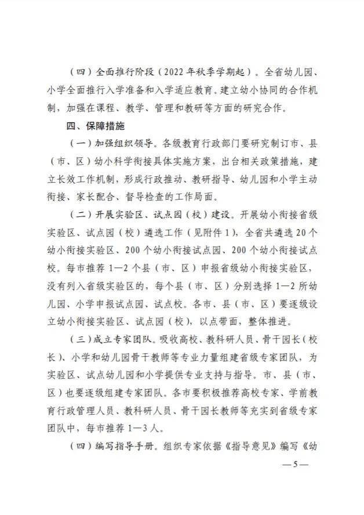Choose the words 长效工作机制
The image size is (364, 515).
[x=92, y=177]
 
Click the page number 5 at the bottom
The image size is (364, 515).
[x=295, y=465]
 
